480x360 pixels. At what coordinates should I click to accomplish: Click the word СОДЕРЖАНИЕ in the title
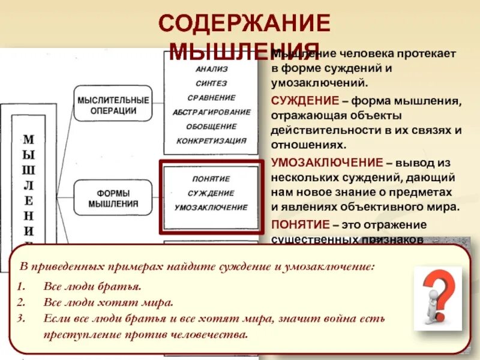pos(244,24)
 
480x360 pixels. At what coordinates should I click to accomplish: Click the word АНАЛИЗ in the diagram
pos(212,69)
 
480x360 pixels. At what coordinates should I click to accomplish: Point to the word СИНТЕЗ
pos(212,83)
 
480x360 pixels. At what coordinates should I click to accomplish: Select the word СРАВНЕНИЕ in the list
pos(212,98)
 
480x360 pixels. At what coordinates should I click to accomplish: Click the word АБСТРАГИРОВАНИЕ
pos(212,112)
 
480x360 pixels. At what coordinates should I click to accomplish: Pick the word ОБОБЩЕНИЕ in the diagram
pos(212,127)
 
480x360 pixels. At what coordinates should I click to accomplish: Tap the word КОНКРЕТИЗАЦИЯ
pos(212,141)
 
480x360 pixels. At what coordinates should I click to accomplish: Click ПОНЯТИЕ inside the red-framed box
pos(211,179)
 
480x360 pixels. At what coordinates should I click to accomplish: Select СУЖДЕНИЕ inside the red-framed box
pos(211,193)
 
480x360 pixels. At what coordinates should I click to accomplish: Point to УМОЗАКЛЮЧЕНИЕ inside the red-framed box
pos(211,208)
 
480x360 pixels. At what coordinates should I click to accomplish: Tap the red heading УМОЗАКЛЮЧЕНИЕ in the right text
pos(327,163)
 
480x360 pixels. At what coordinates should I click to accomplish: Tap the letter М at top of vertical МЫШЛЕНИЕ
pos(29,140)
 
